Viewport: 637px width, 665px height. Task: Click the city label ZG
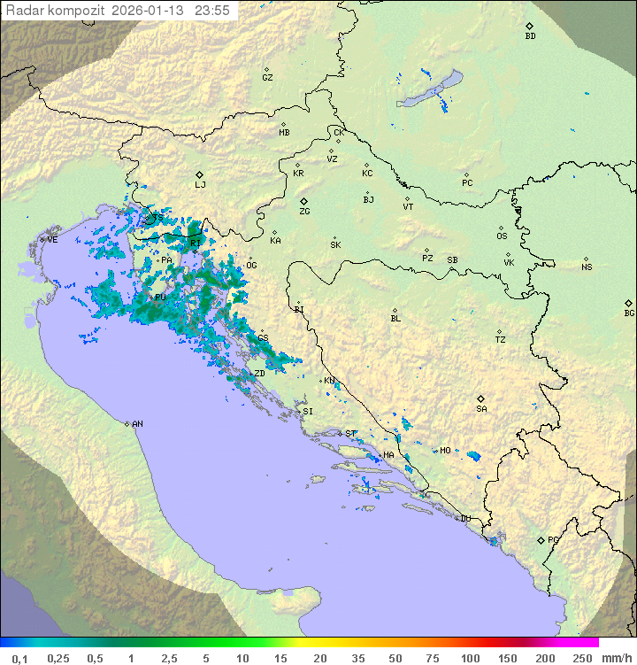pyautogui.click(x=304, y=213)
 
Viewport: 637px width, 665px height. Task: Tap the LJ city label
pyautogui.click(x=200, y=185)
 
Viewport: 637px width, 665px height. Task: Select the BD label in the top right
pyautogui.click(x=530, y=36)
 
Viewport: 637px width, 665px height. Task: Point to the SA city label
pyautogui.click(x=481, y=409)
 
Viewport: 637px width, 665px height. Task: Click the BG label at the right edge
pyautogui.click(x=629, y=313)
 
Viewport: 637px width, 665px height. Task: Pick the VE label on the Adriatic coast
pyautogui.click(x=52, y=240)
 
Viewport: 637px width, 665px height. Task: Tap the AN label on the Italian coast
pyautogui.click(x=137, y=424)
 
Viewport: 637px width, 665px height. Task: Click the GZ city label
pyautogui.click(x=267, y=78)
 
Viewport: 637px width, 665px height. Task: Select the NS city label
pyautogui.click(x=587, y=267)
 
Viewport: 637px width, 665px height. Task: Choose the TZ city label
pyautogui.click(x=501, y=340)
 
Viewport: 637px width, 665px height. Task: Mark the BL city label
pyautogui.click(x=395, y=319)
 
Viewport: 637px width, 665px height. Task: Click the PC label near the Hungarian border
pyautogui.click(x=467, y=183)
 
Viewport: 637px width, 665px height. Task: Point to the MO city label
pyautogui.click(x=445, y=451)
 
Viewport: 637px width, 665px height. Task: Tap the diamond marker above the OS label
pyautogui.click(x=503, y=227)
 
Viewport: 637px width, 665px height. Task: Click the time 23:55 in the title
pyautogui.click(x=212, y=10)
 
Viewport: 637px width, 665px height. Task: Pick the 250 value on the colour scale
pyautogui.click(x=582, y=658)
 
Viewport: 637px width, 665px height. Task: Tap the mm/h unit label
pyautogui.click(x=617, y=658)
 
